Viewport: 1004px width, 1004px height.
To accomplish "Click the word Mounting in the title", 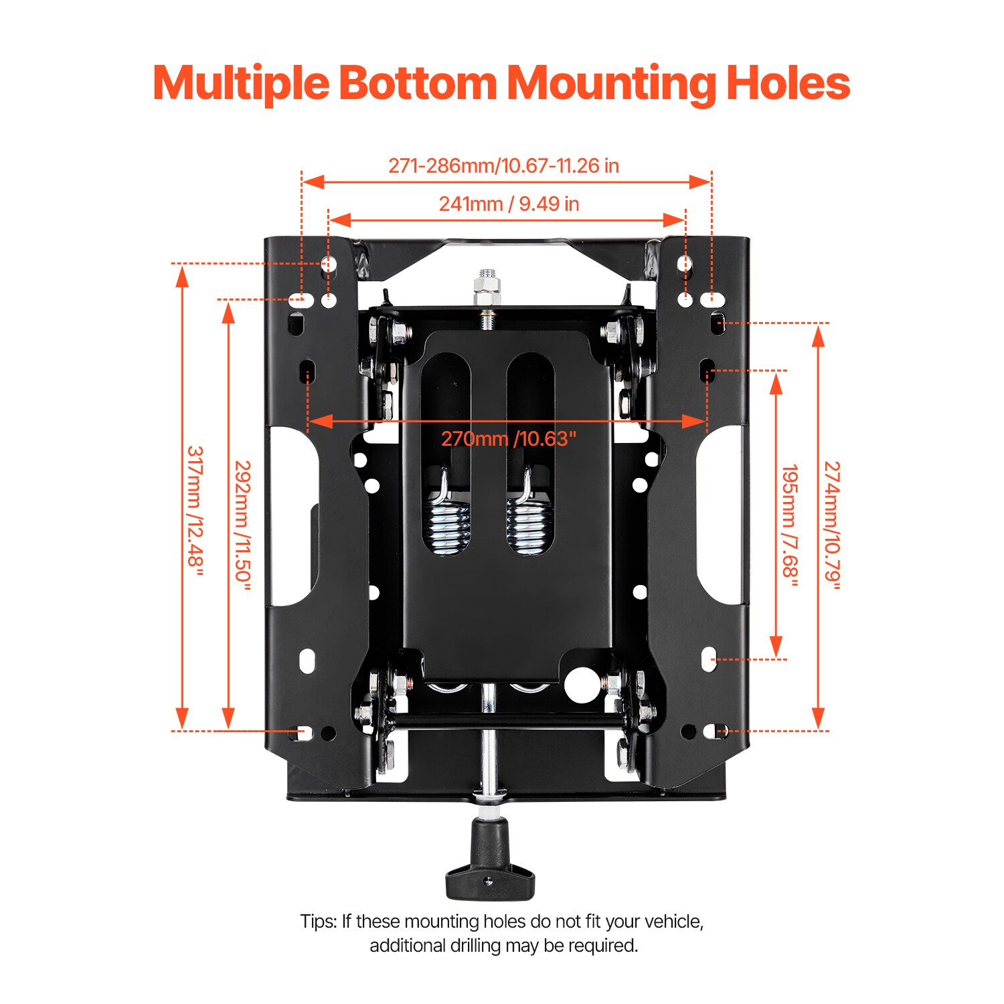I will click(x=610, y=83).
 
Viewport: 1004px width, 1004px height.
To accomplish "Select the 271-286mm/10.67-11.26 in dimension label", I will click(x=503, y=165).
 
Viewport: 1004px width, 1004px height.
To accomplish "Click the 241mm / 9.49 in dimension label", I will click(x=509, y=203).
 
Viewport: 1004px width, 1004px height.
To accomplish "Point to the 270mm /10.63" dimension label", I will click(x=508, y=439).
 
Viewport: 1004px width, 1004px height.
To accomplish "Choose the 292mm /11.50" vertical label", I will click(x=242, y=525).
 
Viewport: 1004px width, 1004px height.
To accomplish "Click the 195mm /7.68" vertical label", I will click(x=790, y=525).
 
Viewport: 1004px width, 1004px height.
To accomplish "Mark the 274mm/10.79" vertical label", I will click(x=831, y=525).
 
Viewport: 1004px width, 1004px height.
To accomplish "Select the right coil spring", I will click(x=529, y=522).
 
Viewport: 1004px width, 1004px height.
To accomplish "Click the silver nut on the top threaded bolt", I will click(x=487, y=287).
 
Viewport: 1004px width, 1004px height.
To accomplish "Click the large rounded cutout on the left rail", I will click(x=292, y=515).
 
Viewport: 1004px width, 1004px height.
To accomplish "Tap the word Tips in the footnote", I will click(x=318, y=922).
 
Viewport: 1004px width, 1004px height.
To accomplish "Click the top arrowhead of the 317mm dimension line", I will click(x=181, y=276).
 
